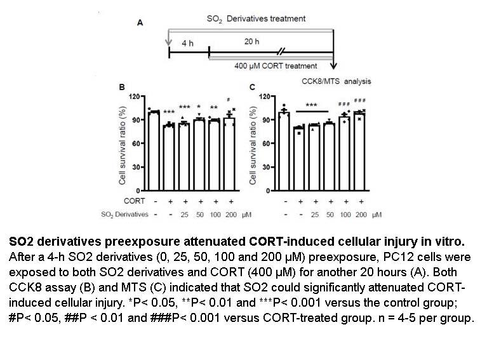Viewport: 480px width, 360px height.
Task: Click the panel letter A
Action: point(140,23)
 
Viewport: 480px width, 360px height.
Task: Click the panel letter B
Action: point(122,87)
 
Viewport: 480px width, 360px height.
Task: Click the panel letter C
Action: point(252,87)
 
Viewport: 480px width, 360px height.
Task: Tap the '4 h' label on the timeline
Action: point(188,43)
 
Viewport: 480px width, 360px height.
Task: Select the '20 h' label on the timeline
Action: point(251,41)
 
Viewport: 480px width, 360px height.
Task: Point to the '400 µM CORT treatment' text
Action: point(276,66)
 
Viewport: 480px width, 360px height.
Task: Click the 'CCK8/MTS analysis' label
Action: point(336,81)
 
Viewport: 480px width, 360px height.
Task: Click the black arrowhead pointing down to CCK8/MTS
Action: point(333,65)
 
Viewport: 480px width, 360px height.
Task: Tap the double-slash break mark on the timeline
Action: point(281,52)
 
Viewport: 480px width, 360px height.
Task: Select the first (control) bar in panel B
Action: point(154,151)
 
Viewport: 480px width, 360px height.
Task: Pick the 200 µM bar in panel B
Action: point(229,154)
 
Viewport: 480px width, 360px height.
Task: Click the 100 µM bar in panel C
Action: point(344,154)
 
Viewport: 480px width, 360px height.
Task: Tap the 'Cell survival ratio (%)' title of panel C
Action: point(253,146)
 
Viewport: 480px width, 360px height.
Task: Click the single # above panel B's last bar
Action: point(229,100)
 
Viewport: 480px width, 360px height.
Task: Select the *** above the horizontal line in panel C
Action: point(311,105)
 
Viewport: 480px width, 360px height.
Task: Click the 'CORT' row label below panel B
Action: point(134,201)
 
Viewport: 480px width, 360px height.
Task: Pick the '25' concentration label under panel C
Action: point(315,215)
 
